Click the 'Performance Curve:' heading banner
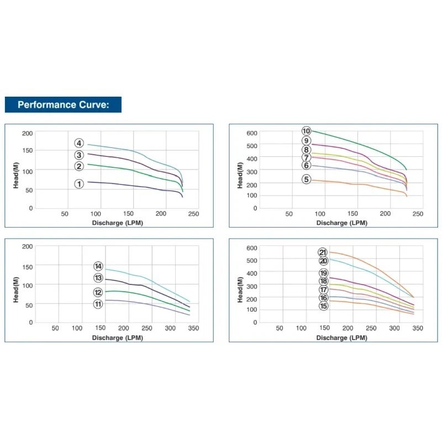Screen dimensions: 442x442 (63, 104)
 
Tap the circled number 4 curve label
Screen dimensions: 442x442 (80, 144)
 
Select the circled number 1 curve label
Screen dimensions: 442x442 (79, 184)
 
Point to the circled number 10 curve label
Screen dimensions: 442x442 (306, 131)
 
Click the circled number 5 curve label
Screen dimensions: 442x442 (306, 179)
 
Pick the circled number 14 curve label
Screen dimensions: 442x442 (98, 266)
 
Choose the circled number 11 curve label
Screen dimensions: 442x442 (98, 304)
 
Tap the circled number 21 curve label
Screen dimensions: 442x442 (323, 252)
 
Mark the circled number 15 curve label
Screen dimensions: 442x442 (323, 306)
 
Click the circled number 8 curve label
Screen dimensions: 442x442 (306, 150)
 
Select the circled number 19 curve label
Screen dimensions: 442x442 (323, 273)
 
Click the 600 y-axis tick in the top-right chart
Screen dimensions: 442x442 (252, 133)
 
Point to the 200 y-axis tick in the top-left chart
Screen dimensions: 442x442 (27, 133)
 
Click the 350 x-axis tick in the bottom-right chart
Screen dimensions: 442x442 (418, 328)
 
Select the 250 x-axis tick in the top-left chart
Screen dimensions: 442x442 (193, 214)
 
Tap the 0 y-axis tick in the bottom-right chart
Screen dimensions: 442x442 (255, 322)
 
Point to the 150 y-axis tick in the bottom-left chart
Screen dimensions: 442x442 (27, 266)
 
